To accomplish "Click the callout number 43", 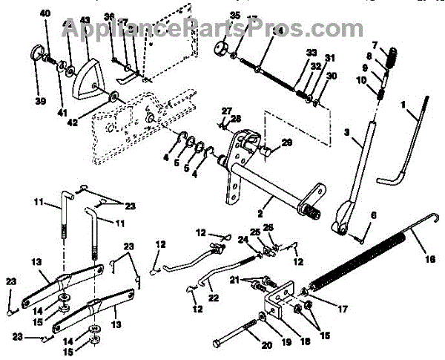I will click(x=85, y=19).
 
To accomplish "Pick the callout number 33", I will click(x=310, y=52).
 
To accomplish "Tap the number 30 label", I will click(x=332, y=76).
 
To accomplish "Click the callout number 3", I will click(x=346, y=132).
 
